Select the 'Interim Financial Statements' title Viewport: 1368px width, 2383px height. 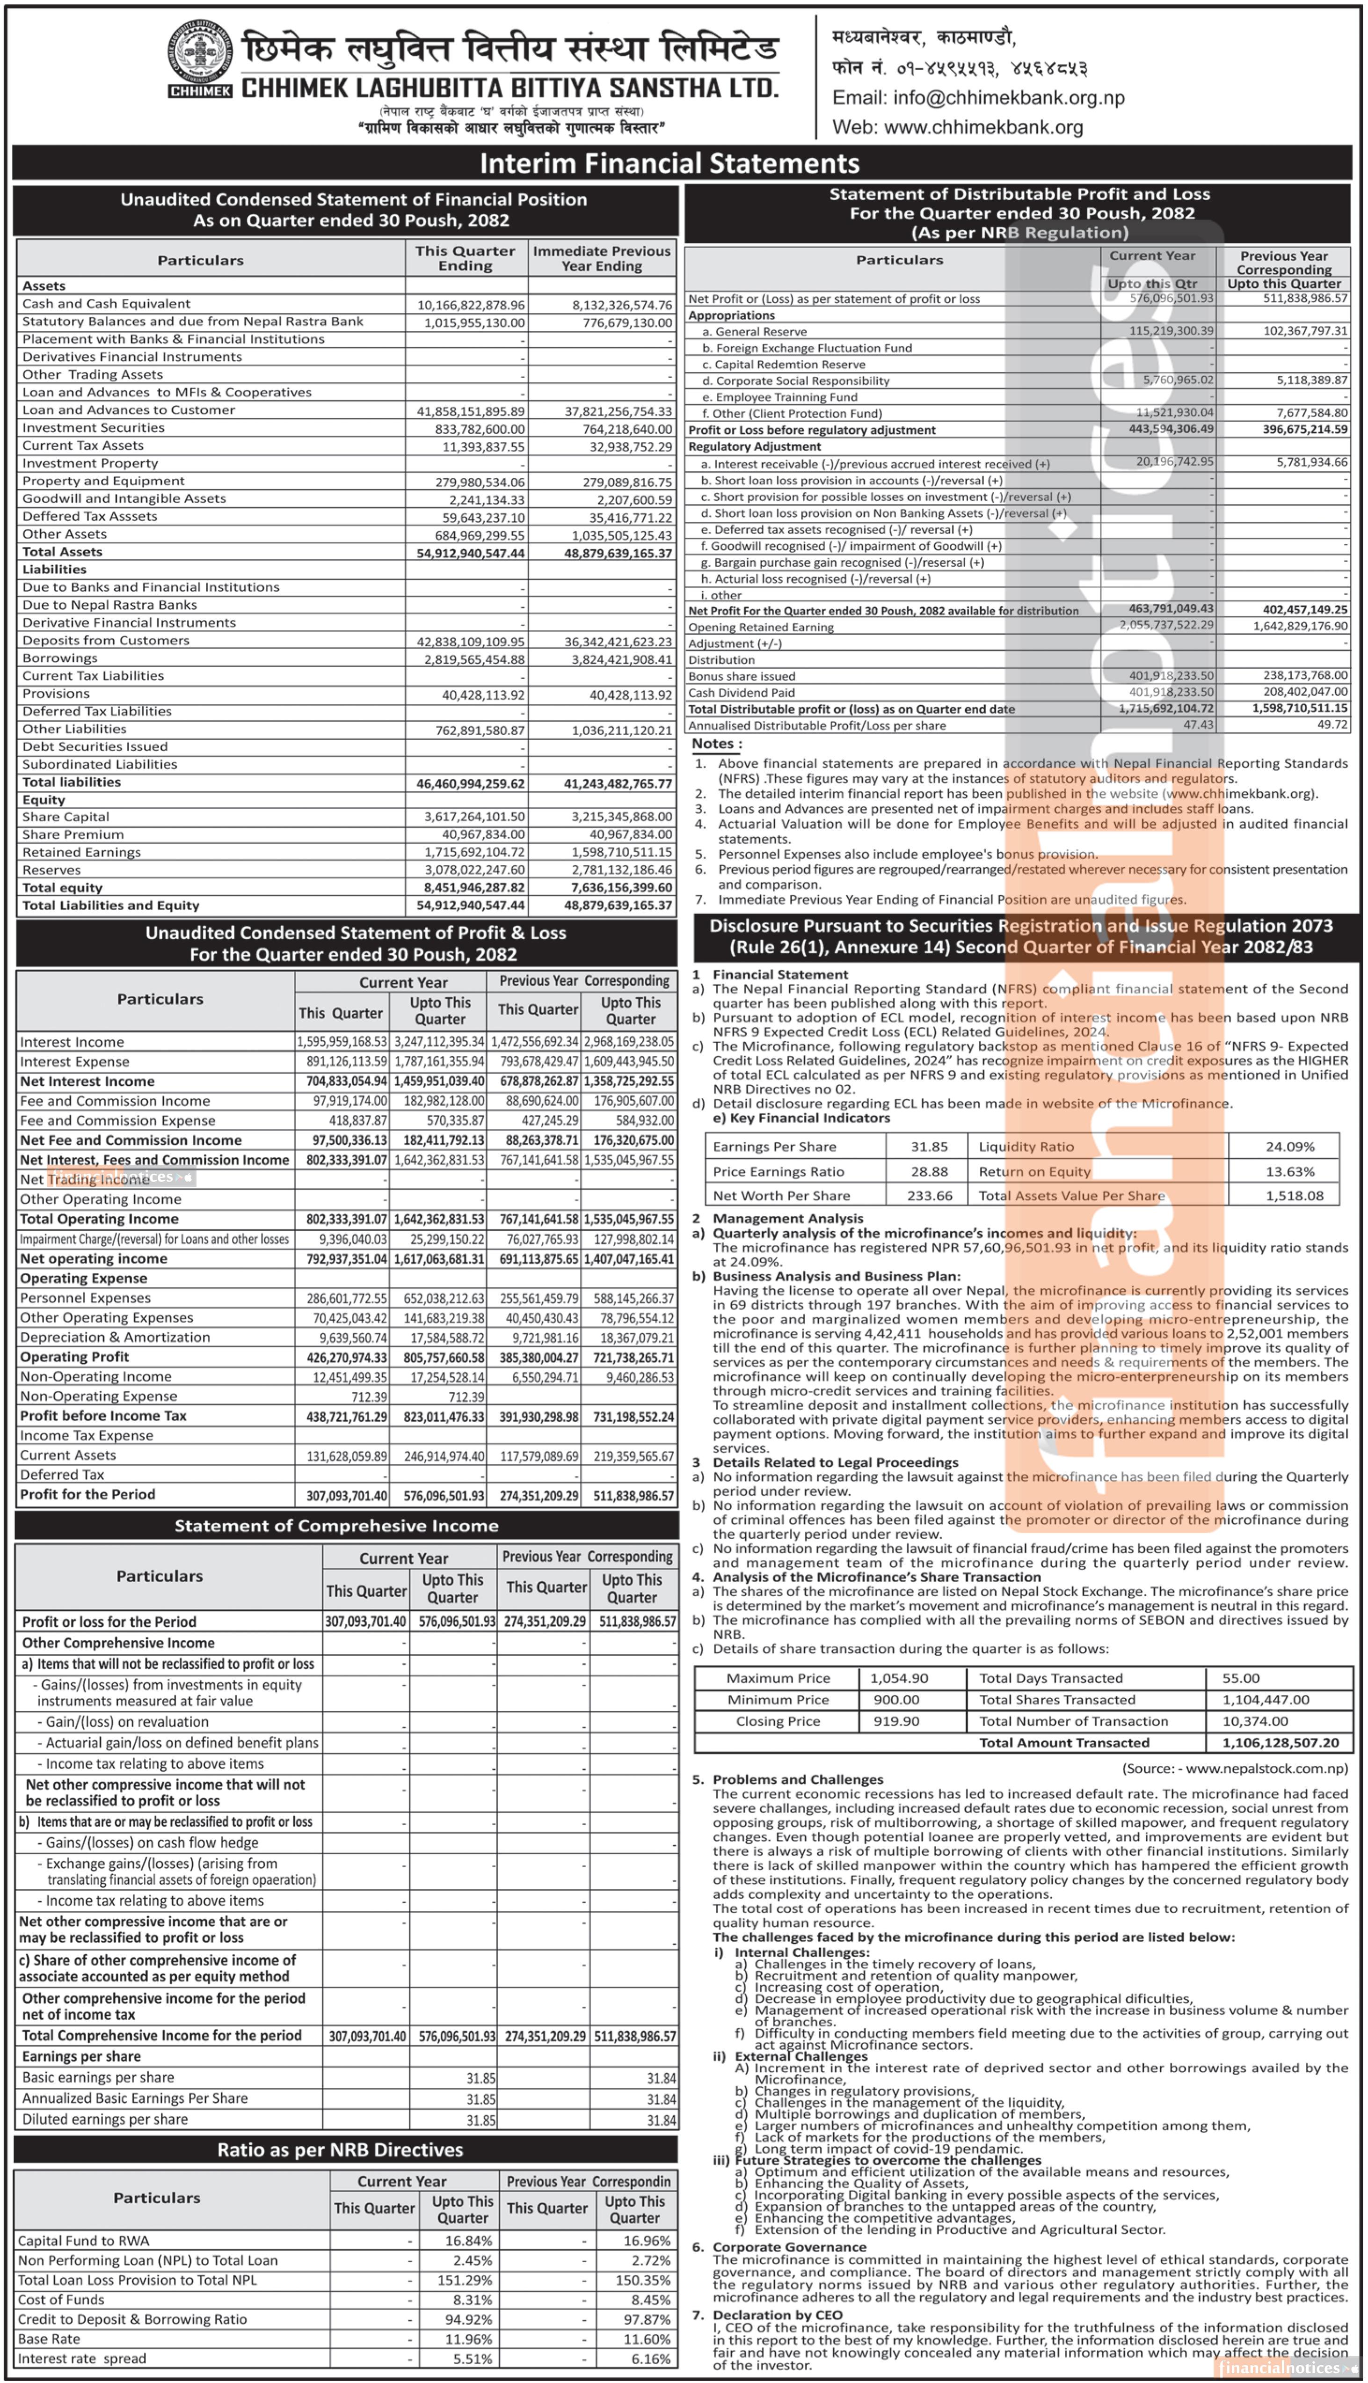(669, 163)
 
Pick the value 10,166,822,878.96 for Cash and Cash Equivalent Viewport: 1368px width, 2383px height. (471, 305)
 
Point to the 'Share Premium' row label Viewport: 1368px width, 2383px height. (73, 834)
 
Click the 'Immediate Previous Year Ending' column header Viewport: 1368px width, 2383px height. (601, 258)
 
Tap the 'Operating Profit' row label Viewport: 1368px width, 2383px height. (75, 1357)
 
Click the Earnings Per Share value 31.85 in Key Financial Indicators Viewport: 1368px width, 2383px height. (928, 1147)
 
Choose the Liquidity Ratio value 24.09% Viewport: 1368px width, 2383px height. (1289, 1147)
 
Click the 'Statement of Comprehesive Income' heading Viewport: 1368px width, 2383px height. (336, 1526)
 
